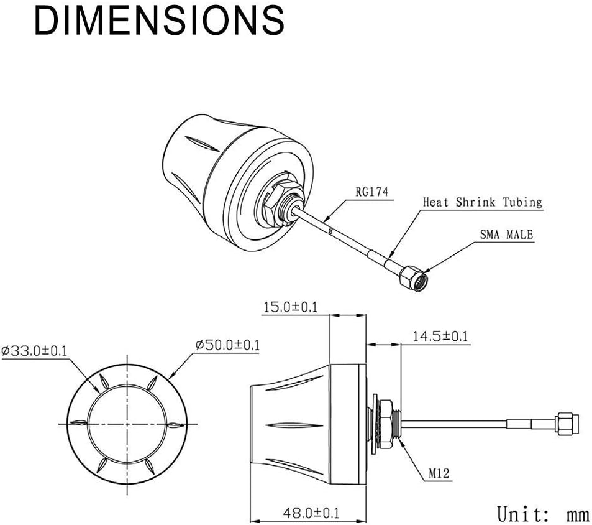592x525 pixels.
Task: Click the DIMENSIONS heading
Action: point(159,21)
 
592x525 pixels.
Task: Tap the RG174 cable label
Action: point(372,192)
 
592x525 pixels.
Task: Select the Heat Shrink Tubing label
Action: point(482,202)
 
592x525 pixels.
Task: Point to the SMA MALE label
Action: point(506,235)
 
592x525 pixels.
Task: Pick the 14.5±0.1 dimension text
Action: point(440,337)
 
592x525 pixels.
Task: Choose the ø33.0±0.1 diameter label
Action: point(35,351)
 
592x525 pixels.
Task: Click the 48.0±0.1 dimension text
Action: point(312,513)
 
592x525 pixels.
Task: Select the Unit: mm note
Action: point(543,514)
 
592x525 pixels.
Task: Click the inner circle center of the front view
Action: point(127,424)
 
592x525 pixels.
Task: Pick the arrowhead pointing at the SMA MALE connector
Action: point(427,269)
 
